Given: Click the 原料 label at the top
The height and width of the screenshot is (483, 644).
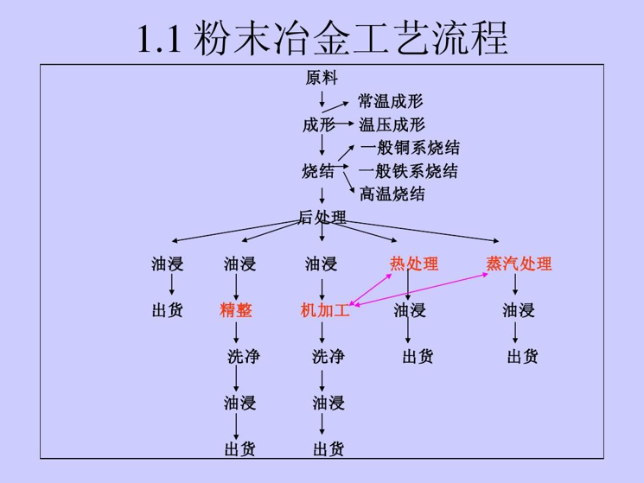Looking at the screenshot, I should click(322, 79).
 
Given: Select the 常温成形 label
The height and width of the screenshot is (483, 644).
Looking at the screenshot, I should click(392, 102).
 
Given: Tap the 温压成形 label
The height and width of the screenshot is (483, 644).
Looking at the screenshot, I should click(392, 125).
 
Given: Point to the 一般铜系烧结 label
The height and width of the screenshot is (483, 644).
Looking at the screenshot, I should click(409, 149).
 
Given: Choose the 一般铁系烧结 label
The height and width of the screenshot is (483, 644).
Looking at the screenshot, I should click(409, 171).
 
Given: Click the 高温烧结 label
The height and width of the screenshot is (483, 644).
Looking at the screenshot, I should click(392, 194).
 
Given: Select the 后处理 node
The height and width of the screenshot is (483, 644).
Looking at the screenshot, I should click(322, 218).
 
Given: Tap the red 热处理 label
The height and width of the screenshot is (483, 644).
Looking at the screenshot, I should click(414, 264).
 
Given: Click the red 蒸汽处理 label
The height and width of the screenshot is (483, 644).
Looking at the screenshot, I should click(519, 264).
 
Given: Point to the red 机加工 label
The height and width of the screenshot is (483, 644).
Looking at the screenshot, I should click(324, 310).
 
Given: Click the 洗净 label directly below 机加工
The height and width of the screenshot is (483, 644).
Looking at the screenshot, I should click(328, 356).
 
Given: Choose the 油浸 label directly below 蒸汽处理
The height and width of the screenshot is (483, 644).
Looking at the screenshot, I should click(519, 310).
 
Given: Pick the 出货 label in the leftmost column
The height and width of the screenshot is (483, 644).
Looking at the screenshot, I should click(168, 310).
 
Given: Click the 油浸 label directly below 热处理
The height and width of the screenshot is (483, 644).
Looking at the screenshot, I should click(410, 310).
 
